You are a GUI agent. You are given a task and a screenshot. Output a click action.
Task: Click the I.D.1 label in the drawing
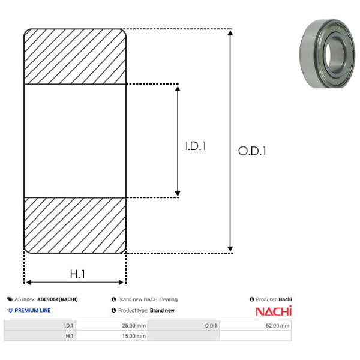196,146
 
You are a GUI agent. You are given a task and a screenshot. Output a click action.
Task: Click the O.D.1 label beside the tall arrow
252,151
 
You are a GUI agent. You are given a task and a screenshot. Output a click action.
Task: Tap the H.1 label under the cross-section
77,274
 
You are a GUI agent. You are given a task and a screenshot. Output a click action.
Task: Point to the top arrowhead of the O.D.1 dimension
230,32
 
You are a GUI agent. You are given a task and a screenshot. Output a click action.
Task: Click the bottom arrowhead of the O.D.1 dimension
230,250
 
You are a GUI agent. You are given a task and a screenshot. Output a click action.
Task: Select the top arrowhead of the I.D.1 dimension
178,89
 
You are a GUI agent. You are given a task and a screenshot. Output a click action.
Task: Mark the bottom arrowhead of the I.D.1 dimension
178,194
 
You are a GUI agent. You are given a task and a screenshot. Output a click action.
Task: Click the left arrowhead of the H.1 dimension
28,282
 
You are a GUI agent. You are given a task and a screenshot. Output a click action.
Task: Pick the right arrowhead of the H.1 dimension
121,282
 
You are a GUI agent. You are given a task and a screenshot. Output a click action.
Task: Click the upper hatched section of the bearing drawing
75,56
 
